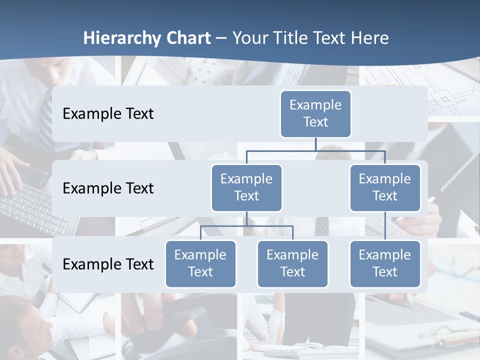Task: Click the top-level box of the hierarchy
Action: pyautogui.click(x=315, y=113)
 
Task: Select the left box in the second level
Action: pyautogui.click(x=246, y=187)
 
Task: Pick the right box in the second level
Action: pyautogui.click(x=385, y=187)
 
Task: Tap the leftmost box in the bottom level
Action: pyautogui.click(x=200, y=263)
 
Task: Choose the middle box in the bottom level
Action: pyautogui.click(x=292, y=263)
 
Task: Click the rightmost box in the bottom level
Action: pyautogui.click(x=385, y=263)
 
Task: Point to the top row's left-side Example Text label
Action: pyautogui.click(x=108, y=114)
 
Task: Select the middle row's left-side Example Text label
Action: pyautogui.click(x=108, y=188)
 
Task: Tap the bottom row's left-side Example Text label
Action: pyautogui.click(x=108, y=264)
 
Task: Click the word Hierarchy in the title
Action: pyautogui.click(x=121, y=38)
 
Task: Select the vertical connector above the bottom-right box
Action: pyautogui.click(x=385, y=226)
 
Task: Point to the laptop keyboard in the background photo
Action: pyautogui.click(x=30, y=210)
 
